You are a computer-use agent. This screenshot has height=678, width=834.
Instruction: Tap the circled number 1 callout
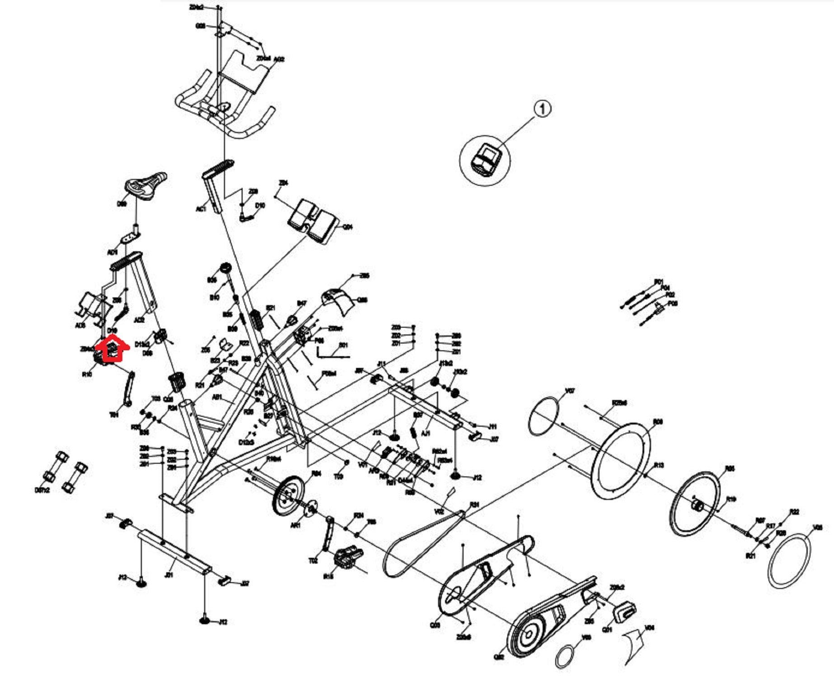(543, 109)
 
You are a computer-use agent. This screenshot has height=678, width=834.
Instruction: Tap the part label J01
(169, 575)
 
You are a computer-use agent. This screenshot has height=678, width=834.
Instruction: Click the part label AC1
(201, 209)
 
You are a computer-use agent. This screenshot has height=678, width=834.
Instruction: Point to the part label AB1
(217, 397)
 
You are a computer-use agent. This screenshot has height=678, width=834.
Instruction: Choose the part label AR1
(295, 526)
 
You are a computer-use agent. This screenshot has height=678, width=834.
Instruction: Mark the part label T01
(114, 414)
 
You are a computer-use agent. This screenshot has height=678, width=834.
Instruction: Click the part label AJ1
(425, 433)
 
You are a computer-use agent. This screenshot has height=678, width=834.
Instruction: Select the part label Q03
(435, 625)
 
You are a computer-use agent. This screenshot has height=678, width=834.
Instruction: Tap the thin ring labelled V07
(544, 416)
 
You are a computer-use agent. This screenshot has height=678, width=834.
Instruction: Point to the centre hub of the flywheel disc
(696, 504)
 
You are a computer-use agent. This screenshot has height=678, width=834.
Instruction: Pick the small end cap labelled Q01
(624, 610)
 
